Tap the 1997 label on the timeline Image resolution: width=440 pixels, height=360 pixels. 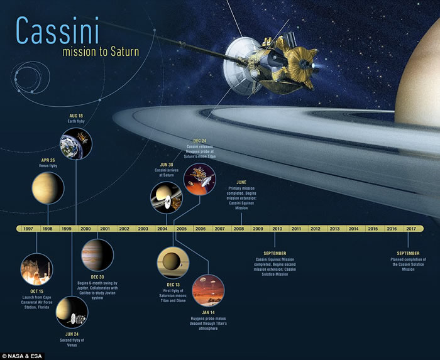[x=28, y=229]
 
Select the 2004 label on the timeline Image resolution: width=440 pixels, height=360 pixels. [x=162, y=229]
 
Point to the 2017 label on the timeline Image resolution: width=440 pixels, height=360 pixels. [x=411, y=229]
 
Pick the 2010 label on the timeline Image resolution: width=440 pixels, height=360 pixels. [x=277, y=229]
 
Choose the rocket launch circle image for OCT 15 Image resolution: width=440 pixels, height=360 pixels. [x=36, y=269]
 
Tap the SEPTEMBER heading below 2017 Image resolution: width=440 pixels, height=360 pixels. [x=407, y=253]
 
